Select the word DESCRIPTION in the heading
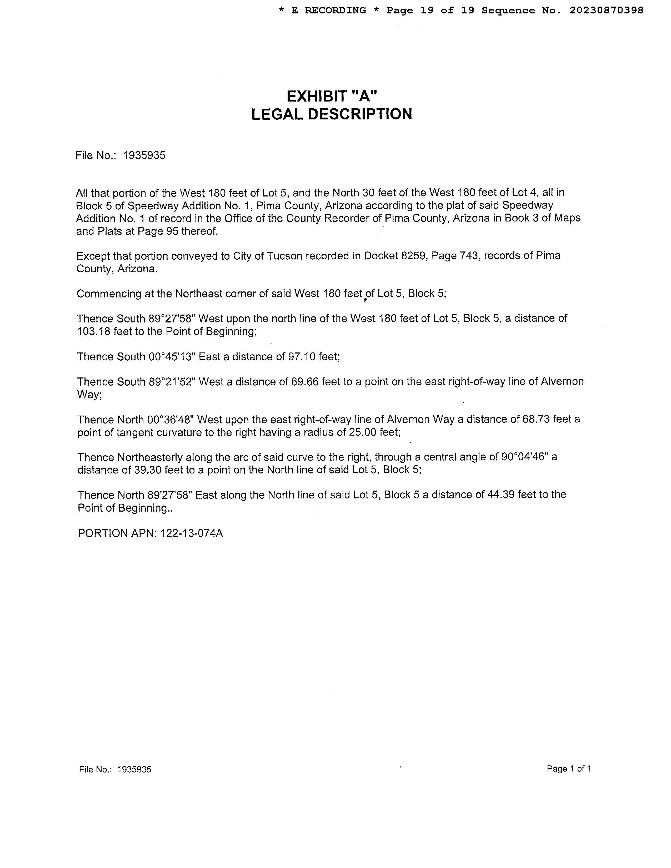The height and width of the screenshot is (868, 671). (360, 114)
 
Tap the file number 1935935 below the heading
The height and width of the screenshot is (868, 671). (144, 155)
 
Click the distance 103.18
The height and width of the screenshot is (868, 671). (94, 331)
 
